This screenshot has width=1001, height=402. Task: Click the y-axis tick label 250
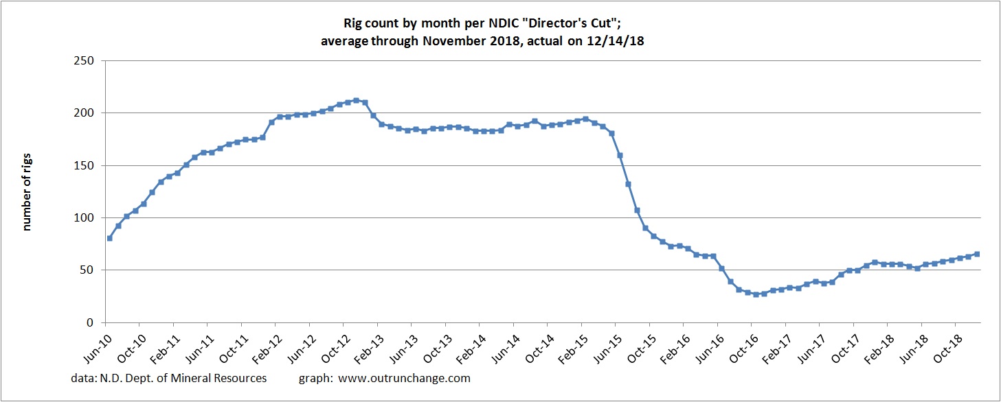click(x=85, y=60)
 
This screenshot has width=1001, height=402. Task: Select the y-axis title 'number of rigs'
click(x=28, y=192)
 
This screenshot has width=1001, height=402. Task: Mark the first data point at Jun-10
click(x=109, y=238)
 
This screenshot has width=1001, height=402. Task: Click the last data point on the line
click(x=976, y=254)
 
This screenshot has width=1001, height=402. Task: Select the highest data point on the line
click(x=356, y=100)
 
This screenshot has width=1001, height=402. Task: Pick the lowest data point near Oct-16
click(x=756, y=294)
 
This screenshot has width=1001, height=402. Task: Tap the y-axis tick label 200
click(x=85, y=113)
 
